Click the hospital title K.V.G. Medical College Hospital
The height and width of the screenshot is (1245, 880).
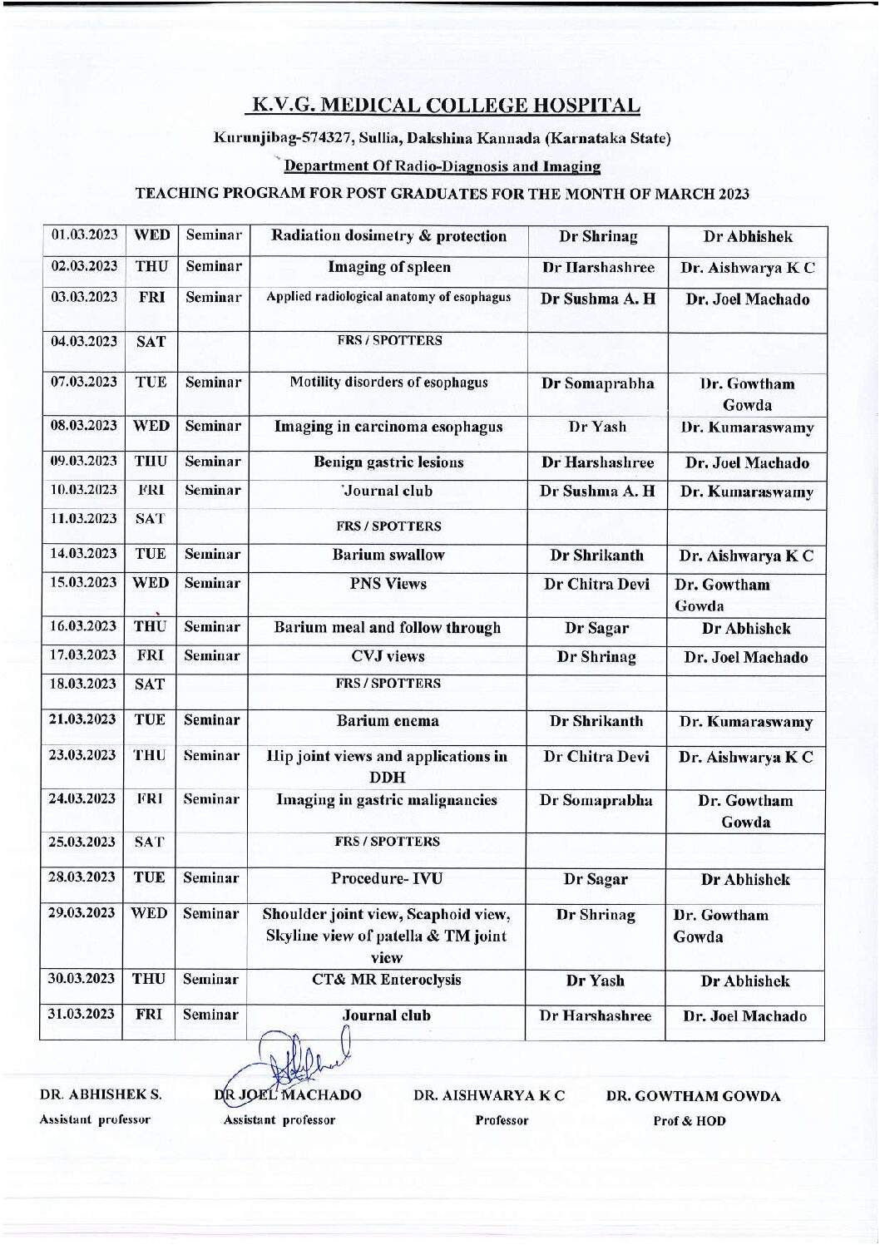(446, 106)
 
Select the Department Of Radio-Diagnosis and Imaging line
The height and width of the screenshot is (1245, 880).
(442, 166)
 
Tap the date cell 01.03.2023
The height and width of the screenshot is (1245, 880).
(84, 235)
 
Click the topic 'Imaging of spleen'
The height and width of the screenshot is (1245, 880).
(388, 267)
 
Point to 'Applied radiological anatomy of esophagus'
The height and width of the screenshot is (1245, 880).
(388, 297)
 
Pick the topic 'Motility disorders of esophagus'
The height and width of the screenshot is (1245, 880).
(388, 383)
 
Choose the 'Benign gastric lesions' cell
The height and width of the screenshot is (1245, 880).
(388, 462)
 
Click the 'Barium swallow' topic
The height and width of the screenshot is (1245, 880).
(388, 555)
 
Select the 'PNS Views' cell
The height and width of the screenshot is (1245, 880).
(388, 584)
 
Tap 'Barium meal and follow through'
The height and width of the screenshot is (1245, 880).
(388, 628)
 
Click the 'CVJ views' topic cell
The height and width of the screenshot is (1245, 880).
(388, 656)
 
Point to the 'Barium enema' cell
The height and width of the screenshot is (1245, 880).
(388, 721)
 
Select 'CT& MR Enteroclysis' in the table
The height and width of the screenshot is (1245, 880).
(387, 980)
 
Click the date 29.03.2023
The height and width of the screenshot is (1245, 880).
(82, 912)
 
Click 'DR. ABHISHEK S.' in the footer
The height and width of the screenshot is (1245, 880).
(101, 1095)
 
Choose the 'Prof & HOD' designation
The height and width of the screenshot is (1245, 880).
(690, 1121)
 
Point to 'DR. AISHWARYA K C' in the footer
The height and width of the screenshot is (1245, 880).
(489, 1095)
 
